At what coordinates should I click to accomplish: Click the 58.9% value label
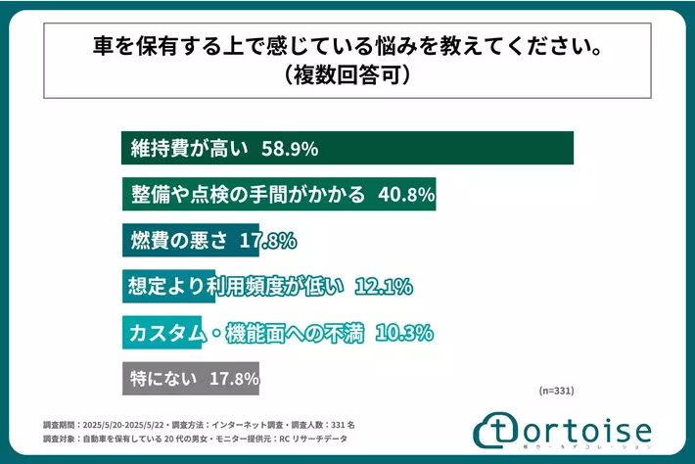click(x=292, y=150)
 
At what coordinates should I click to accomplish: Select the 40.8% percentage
click(x=405, y=195)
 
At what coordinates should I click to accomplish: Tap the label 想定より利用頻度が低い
click(x=236, y=287)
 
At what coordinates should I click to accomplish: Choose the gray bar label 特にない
click(x=164, y=378)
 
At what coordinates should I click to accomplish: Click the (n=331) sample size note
click(x=557, y=390)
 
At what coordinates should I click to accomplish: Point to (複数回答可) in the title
click(x=347, y=73)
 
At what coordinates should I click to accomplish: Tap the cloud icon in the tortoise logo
click(x=495, y=431)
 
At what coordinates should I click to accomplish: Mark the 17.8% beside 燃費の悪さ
click(x=268, y=241)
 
